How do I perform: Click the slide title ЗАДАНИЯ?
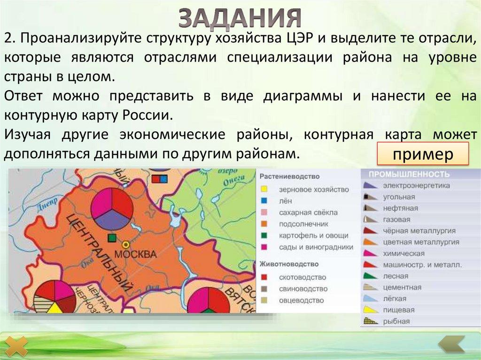(x=240, y=17)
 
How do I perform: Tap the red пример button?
(x=423, y=153)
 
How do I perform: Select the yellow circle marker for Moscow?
(x=125, y=245)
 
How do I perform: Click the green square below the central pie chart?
(x=112, y=238)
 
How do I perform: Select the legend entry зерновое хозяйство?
(x=313, y=190)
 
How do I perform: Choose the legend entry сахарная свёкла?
(x=308, y=213)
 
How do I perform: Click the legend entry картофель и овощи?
(x=313, y=235)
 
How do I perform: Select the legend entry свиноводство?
(x=303, y=289)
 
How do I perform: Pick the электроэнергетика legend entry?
(x=416, y=185)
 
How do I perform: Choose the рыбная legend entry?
(x=396, y=322)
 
